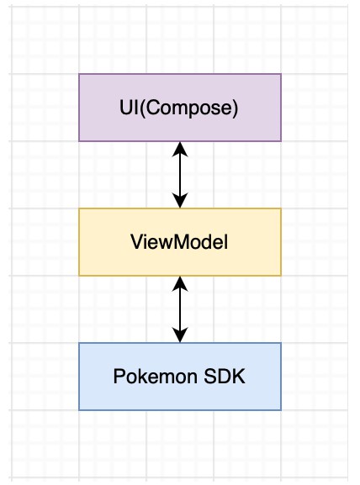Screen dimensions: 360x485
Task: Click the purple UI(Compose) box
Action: (x=180, y=108)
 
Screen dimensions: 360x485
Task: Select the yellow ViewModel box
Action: (x=180, y=242)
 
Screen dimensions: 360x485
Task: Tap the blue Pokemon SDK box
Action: (x=180, y=377)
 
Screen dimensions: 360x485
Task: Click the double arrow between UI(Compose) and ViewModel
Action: (x=180, y=175)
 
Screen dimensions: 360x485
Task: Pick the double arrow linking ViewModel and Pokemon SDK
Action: (x=180, y=309)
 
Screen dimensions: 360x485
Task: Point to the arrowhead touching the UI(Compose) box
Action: (x=180, y=149)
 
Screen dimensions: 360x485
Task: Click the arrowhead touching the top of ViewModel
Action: (x=180, y=201)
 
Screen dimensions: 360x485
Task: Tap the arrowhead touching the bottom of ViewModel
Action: (x=180, y=283)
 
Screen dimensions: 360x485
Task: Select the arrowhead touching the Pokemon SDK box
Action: (x=180, y=335)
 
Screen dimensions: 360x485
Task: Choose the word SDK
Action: (x=225, y=377)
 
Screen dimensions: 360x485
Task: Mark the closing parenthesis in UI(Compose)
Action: (x=235, y=108)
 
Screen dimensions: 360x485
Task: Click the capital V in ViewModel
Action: (x=138, y=241)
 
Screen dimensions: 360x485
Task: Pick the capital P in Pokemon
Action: (x=119, y=376)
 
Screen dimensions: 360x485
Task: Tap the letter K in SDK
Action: (x=239, y=376)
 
